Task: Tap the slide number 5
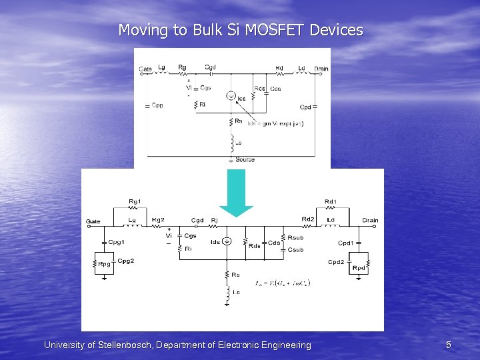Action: (449, 345)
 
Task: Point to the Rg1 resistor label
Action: (135, 201)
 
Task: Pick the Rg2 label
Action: (158, 220)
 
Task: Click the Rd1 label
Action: (331, 201)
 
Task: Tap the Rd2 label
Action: (308, 219)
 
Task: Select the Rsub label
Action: (295, 237)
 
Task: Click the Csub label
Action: (295, 249)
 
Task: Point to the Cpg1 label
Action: (117, 243)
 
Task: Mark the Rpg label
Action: (105, 265)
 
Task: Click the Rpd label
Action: (359, 268)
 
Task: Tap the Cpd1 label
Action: (346, 243)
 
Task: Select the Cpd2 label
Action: (336, 262)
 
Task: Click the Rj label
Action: (215, 221)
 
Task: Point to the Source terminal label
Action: (245, 160)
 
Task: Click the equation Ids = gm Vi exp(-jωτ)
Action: (275, 124)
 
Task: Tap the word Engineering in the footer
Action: (283, 345)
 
